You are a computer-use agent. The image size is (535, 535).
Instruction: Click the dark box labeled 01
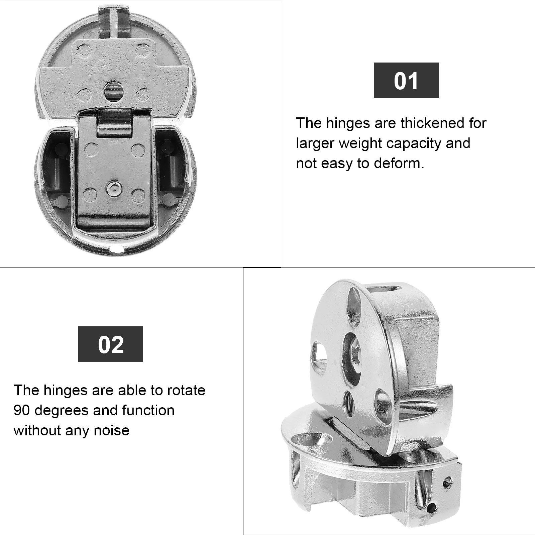coord(406,80)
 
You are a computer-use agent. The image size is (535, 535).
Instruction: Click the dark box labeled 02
coord(110,344)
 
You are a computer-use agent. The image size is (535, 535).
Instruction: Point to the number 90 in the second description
coord(22,410)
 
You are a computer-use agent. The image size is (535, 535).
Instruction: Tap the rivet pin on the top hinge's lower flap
coord(113,189)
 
